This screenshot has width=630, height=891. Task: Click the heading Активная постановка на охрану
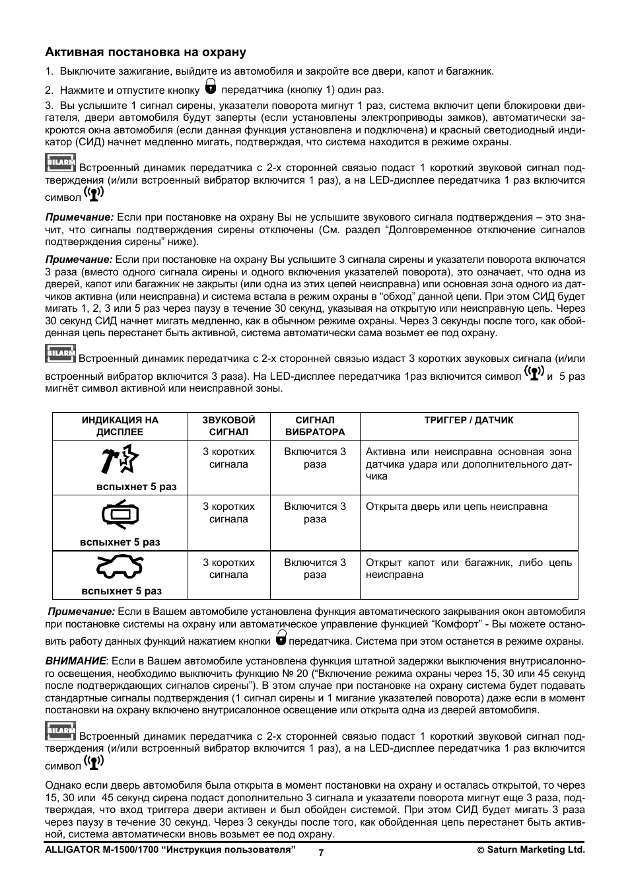tap(145, 52)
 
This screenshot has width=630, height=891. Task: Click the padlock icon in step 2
tap(211, 87)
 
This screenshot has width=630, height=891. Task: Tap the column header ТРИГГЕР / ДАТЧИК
tap(468, 420)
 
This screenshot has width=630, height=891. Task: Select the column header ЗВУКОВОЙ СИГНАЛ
tap(228, 426)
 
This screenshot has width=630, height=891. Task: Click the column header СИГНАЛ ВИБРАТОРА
tap(315, 426)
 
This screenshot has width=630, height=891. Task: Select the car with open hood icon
tap(120, 567)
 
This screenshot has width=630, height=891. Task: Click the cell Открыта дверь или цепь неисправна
tap(456, 507)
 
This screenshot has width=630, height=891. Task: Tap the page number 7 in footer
tap(321, 853)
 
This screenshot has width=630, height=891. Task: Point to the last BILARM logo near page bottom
tap(61, 731)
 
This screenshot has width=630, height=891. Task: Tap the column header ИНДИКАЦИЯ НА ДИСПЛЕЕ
tap(120, 426)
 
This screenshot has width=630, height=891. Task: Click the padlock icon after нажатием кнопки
tap(281, 638)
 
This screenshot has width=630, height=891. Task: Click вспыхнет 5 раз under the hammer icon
tap(137, 487)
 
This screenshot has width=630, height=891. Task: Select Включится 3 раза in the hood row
tap(315, 569)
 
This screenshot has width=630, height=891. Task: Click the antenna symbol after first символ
tap(94, 194)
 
